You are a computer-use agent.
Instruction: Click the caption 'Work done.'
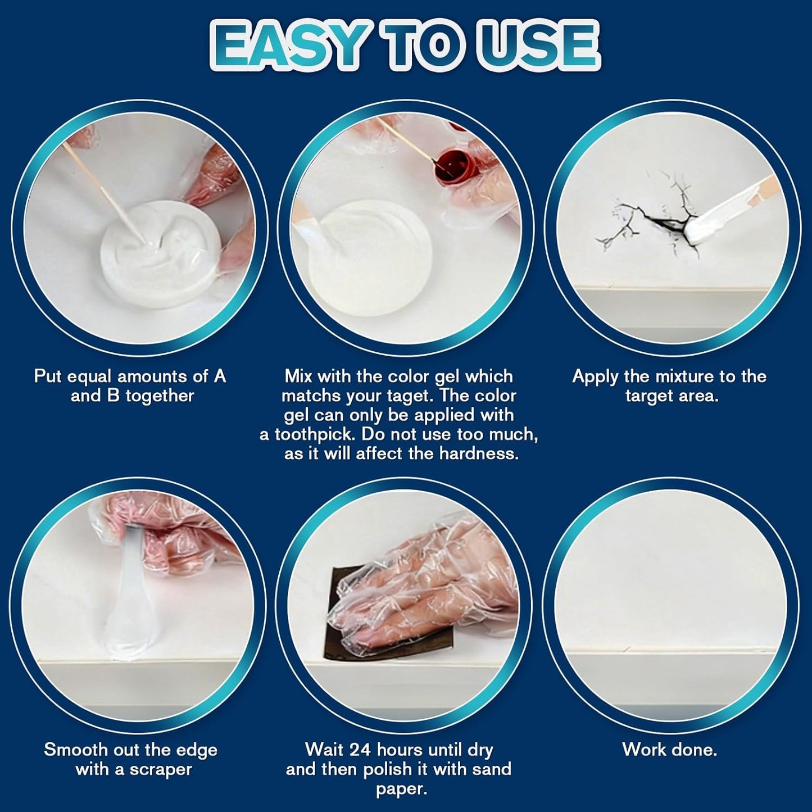[x=669, y=749]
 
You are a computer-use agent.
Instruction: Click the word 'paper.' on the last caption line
[x=398, y=788]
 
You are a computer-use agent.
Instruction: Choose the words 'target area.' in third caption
[x=672, y=396]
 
